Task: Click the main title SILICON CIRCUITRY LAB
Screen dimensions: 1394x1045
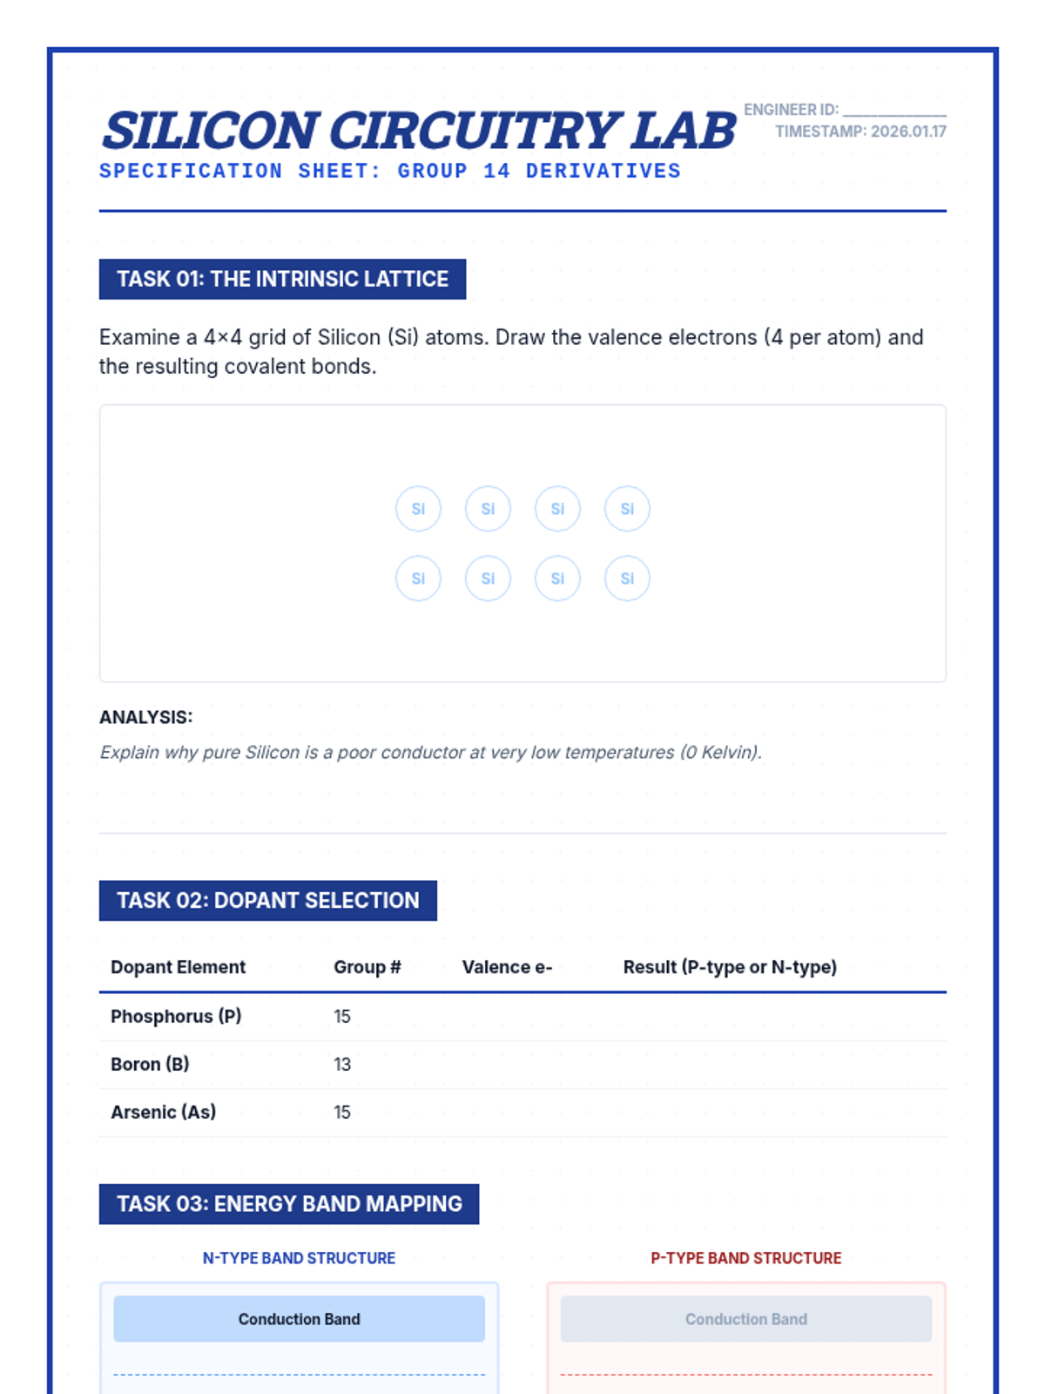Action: coord(419,131)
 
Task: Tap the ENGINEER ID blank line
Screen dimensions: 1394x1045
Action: coord(894,112)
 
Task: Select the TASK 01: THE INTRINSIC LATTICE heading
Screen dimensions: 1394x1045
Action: coord(282,279)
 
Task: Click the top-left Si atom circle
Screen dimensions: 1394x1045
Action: coord(418,509)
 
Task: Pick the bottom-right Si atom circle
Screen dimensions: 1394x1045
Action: coord(627,579)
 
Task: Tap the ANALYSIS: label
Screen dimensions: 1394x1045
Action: coord(145,717)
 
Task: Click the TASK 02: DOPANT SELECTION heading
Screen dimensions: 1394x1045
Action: coord(268,900)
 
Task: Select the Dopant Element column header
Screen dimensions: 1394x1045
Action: coord(178,967)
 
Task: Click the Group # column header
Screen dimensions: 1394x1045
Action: coord(367,967)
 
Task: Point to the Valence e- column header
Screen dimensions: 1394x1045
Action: coord(507,967)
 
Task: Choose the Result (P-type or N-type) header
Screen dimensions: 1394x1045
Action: coord(730,967)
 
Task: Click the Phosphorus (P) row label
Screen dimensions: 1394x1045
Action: coord(176,1016)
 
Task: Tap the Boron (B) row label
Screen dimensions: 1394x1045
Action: coord(150,1064)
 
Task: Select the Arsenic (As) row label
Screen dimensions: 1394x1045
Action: coord(163,1112)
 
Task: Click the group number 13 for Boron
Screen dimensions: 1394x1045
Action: coord(342,1064)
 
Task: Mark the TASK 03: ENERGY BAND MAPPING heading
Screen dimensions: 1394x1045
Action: coord(289,1203)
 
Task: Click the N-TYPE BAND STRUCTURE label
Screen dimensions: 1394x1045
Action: coord(299,1258)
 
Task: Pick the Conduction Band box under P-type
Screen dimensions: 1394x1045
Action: coord(746,1319)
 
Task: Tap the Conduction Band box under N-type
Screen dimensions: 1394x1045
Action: coord(299,1319)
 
